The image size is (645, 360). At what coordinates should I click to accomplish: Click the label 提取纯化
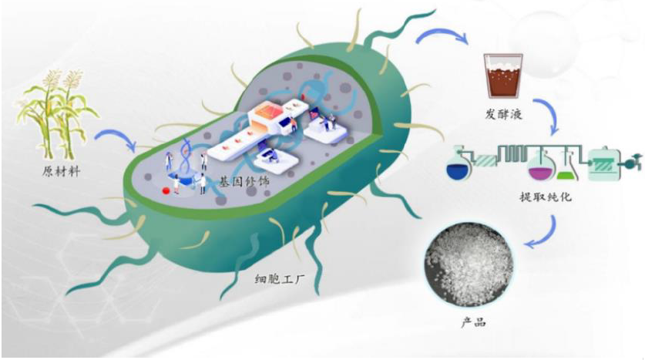(x=546, y=198)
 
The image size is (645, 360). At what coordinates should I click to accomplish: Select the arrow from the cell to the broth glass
(x=443, y=35)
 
